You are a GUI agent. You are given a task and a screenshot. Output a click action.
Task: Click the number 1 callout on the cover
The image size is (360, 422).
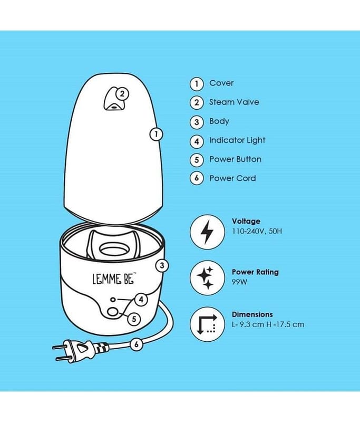coord(156,134)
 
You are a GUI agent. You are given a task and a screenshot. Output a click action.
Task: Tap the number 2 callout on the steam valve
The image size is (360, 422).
coord(122,94)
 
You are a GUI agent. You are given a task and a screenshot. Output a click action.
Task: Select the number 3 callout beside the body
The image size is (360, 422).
coord(162,266)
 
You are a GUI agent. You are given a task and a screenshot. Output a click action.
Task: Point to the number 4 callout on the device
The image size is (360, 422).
coord(141,299)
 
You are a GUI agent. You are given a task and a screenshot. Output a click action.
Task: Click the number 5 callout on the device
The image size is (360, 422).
coord(134,319)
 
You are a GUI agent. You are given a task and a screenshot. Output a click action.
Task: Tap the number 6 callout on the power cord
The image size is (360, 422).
coord(137,344)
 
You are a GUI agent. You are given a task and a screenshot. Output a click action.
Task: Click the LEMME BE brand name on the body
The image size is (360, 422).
coord(114,279)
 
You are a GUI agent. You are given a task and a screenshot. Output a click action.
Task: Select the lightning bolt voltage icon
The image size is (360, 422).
coord(207,232)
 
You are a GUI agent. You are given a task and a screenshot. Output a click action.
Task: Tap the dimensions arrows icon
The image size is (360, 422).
coord(207,324)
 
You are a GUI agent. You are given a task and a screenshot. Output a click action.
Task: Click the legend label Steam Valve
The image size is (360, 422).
coord(234,102)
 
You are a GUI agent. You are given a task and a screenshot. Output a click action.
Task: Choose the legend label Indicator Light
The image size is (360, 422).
coord(237,140)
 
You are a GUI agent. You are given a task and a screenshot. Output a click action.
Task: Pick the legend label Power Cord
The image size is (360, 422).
coord(232,178)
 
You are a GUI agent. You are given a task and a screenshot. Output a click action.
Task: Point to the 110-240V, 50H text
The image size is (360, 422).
coord(257,231)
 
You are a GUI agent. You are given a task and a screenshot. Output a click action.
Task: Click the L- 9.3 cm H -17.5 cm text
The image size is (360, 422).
coord(268,324)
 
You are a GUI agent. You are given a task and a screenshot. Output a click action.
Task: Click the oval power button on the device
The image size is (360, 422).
coord(113,312)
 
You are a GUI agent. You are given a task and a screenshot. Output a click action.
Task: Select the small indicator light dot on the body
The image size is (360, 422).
coord(113,299)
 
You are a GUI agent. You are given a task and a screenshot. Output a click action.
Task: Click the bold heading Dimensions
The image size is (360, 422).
coord(252,314)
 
